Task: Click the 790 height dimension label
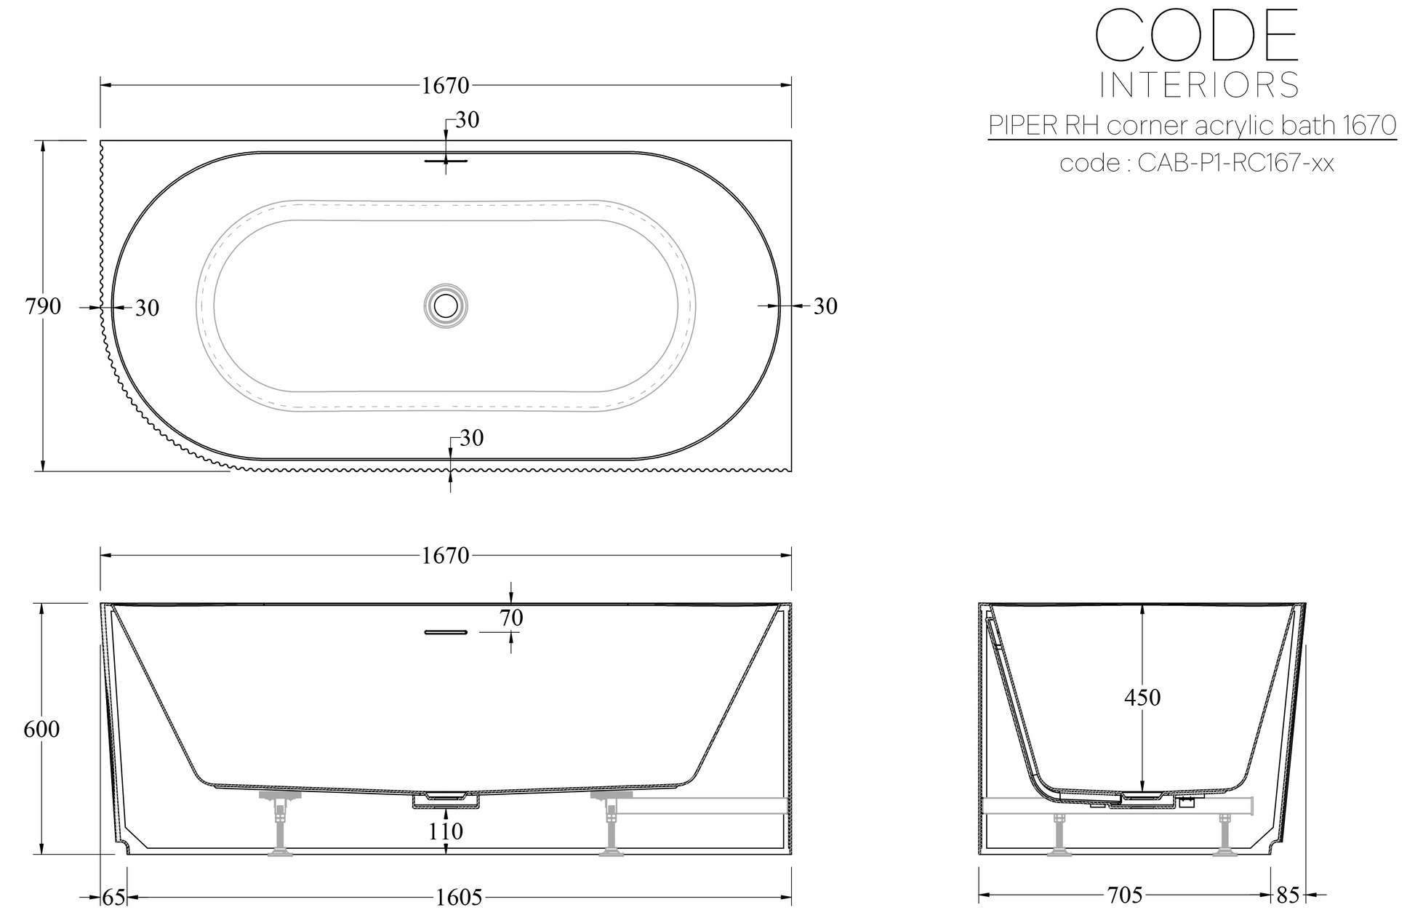click(x=43, y=307)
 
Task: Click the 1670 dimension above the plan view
click(x=445, y=86)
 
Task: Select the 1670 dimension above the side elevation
click(x=445, y=556)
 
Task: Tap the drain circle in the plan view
click(x=445, y=306)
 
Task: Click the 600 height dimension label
click(x=41, y=729)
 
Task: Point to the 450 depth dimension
click(x=1142, y=698)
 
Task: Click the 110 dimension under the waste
click(x=446, y=831)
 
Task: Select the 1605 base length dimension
click(x=459, y=898)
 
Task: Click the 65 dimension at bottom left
click(x=113, y=898)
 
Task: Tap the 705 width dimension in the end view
click(x=1125, y=895)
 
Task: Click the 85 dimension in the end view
click(x=1287, y=895)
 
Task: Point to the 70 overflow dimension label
click(x=511, y=618)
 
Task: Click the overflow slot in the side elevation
click(x=445, y=632)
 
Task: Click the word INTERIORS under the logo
click(x=1198, y=86)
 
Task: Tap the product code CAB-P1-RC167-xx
click(x=1235, y=163)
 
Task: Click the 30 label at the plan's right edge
click(x=825, y=307)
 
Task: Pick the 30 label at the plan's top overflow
click(x=467, y=120)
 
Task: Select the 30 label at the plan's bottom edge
click(x=471, y=438)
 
